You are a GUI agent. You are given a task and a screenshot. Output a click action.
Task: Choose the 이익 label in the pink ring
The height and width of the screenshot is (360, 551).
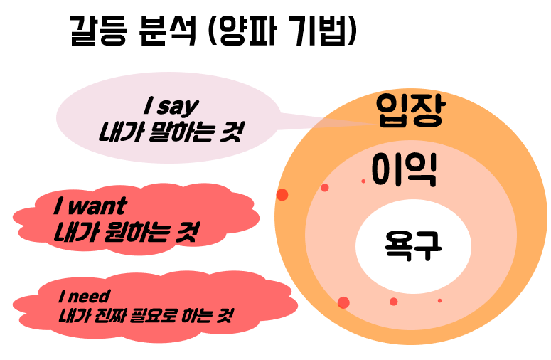tap(404, 169)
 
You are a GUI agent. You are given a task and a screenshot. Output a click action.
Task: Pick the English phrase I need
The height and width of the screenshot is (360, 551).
tap(85, 295)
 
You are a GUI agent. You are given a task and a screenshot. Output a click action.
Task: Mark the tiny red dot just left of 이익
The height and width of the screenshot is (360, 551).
tap(363, 181)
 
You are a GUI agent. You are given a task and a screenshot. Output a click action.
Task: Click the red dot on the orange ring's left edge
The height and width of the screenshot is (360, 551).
tap(282, 195)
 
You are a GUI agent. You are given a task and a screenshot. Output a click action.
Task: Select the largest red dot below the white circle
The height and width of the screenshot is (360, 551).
tap(343, 302)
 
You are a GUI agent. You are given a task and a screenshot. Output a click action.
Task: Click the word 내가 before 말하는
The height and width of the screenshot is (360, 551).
tap(119, 132)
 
